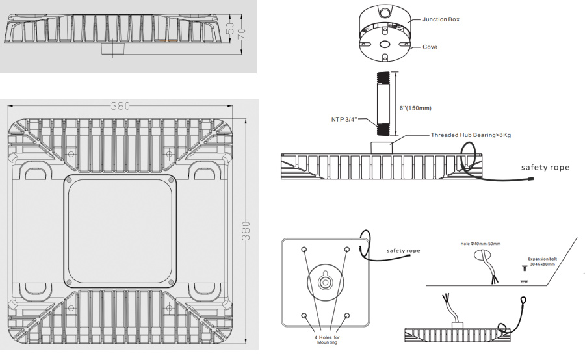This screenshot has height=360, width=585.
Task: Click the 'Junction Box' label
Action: [x=441, y=19]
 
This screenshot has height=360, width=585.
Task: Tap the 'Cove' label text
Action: [x=430, y=47]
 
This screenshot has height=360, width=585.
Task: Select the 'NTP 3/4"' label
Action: [x=344, y=119]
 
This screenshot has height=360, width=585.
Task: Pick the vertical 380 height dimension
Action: [x=246, y=229]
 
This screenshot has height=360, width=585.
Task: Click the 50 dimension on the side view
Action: [x=229, y=29]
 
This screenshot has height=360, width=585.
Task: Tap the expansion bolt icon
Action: [x=524, y=268]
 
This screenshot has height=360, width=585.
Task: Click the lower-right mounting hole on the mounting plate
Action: [x=346, y=315]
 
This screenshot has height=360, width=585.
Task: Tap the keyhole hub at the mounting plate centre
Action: [x=325, y=283]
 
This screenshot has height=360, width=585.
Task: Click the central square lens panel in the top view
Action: [x=120, y=231]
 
